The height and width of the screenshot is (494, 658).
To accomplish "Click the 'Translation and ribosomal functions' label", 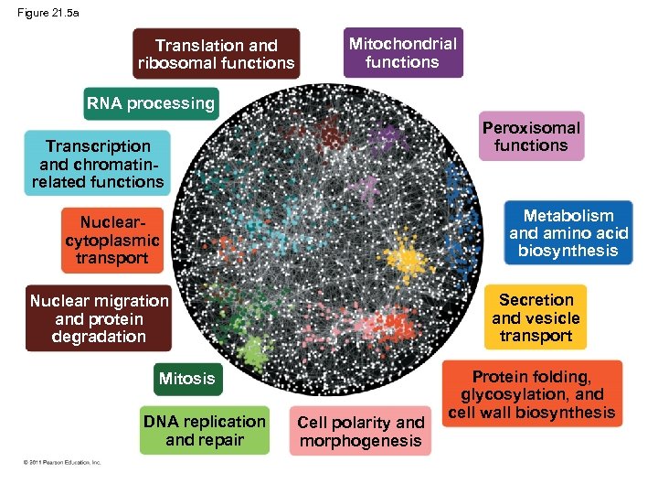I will [x=216, y=54].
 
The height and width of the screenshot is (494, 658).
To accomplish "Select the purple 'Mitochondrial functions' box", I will [x=402, y=53].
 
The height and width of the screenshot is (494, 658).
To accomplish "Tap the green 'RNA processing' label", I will [x=151, y=103].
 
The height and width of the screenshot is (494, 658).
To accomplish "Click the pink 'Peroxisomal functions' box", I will [x=531, y=137].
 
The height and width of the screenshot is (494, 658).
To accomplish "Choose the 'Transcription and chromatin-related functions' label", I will [x=99, y=164].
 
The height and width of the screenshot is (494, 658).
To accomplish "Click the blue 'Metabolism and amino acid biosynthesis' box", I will [x=568, y=233].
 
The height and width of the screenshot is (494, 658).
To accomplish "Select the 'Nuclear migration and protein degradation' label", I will [x=99, y=318].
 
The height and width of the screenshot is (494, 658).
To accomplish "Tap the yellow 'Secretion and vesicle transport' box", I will [x=536, y=317].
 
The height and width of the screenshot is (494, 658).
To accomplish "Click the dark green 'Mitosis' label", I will [x=186, y=379].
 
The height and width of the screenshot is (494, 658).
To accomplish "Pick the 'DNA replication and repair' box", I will [x=205, y=431].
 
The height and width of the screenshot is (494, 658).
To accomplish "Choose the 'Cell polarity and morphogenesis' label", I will [x=361, y=432].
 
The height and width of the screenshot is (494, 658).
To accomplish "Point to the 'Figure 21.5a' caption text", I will [x=48, y=13].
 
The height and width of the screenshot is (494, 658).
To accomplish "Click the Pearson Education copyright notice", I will [x=63, y=462].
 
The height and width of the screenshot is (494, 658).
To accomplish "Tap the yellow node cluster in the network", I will [x=409, y=262].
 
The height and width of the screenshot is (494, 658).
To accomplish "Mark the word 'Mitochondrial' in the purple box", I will [x=403, y=43].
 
